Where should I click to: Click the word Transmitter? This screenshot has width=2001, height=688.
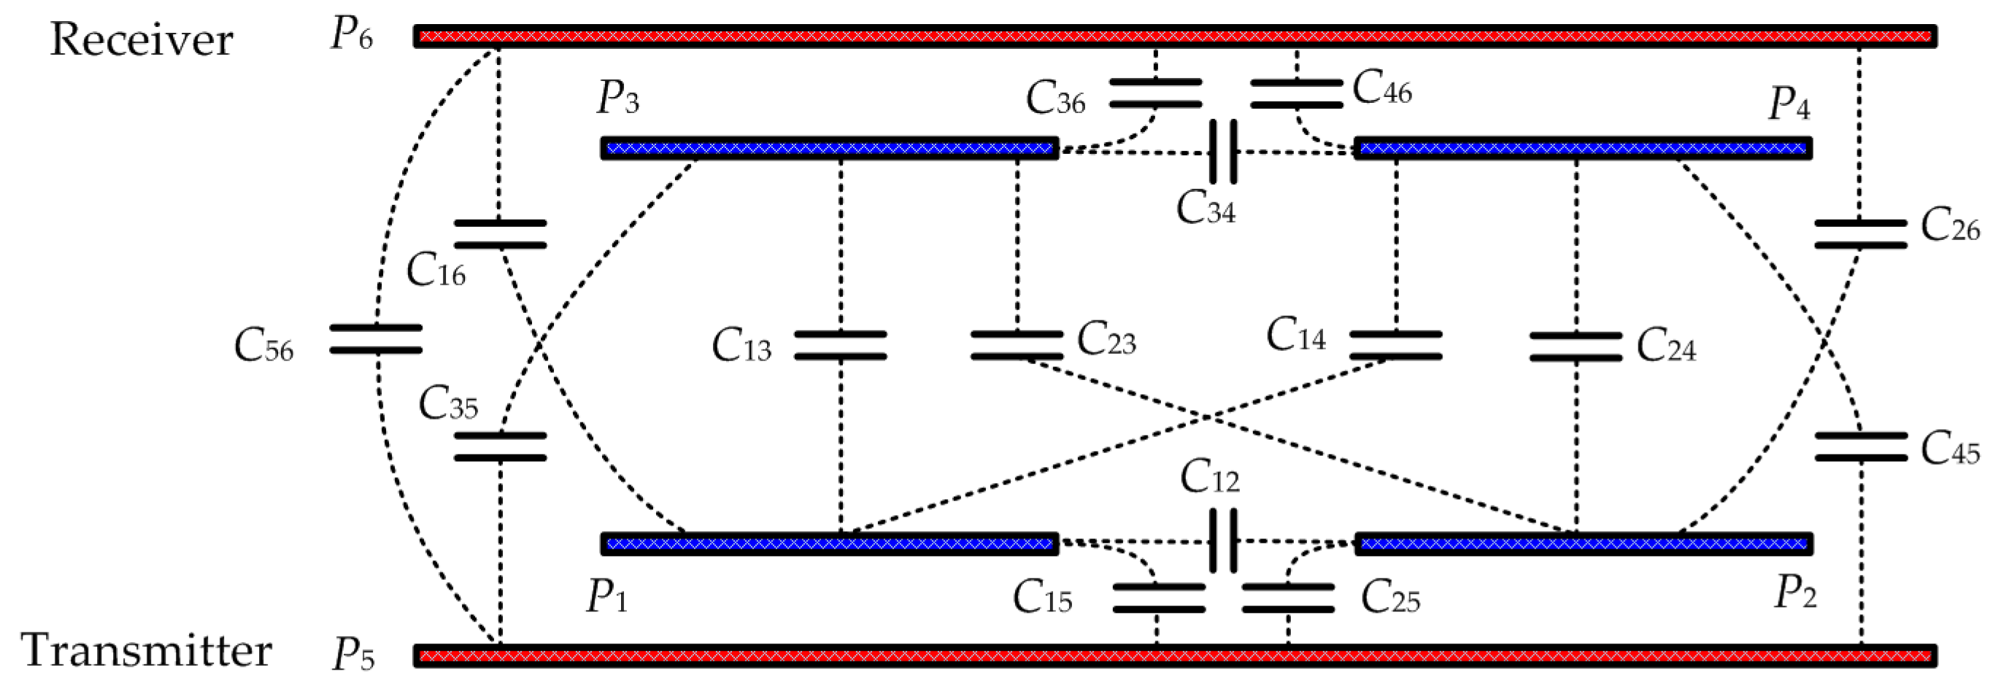147,650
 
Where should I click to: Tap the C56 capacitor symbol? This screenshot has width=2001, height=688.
376,339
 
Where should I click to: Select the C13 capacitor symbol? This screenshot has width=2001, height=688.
841,347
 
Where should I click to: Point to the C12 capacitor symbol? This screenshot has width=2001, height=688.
1222,541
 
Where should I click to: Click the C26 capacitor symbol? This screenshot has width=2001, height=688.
1859,234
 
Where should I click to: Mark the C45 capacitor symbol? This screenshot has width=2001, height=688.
1861,447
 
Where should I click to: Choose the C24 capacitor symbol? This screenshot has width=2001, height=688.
1576,347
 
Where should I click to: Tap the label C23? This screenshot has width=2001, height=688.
1106,341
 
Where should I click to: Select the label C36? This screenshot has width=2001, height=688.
1055,99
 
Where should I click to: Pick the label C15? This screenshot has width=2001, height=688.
1041,598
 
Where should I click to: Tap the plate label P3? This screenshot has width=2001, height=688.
617,99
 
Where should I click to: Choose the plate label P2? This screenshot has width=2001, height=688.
1795,594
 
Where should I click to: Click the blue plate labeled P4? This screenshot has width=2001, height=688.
1583,147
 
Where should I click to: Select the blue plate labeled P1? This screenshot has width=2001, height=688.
829,544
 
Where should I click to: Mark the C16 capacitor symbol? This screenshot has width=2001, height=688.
501,234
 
